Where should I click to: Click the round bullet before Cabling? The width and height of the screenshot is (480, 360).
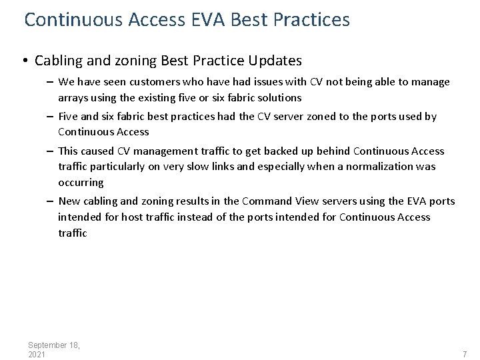[23, 61]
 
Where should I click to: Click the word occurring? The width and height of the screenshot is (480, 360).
[81, 183]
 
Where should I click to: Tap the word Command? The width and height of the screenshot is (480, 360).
[267, 201]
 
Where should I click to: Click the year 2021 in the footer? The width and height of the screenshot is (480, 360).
[37, 355]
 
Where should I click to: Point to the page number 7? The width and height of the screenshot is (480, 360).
[465, 355]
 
